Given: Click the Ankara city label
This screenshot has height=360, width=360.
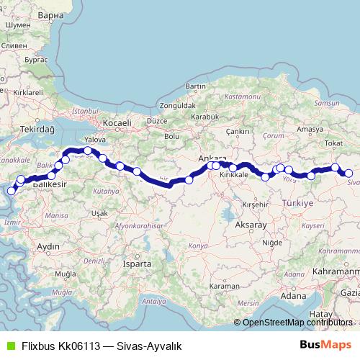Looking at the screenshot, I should pyautogui.click(x=212, y=158).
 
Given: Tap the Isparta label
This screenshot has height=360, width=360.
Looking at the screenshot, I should pyautogui.click(x=137, y=264).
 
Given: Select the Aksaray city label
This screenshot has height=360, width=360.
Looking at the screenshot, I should pyautogui.click(x=251, y=225).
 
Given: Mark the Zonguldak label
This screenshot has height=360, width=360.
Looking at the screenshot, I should pyautogui.click(x=177, y=105).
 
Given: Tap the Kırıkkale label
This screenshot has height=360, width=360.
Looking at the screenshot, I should pyautogui.click(x=233, y=174).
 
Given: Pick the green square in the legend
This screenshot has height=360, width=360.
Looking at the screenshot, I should pyautogui.click(x=10, y=346).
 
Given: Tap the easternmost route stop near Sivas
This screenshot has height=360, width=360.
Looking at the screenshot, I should pyautogui.click(x=348, y=173).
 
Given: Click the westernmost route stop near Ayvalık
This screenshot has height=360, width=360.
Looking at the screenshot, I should pyautogui.click(x=11, y=191).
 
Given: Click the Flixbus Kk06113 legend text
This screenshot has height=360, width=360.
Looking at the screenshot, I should pyautogui.click(x=101, y=346).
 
